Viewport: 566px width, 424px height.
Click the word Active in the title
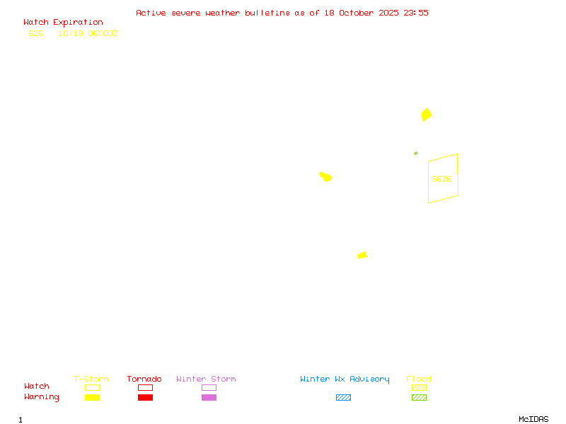pyautogui.click(x=151, y=13)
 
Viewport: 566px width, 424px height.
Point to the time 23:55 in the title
pyautogui.click(x=416, y=13)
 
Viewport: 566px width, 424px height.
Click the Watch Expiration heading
pyautogui.click(x=63, y=23)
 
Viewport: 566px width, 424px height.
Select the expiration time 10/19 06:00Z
pyautogui.click(x=88, y=33)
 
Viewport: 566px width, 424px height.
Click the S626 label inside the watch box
pyautogui.click(x=441, y=179)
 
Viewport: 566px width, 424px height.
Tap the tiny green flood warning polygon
pyautogui.click(x=416, y=153)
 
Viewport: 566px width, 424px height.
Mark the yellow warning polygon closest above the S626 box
pyautogui.click(x=426, y=114)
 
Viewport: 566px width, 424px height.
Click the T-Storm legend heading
pyautogui.click(x=91, y=379)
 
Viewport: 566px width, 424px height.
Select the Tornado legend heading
pyautogui.click(x=144, y=379)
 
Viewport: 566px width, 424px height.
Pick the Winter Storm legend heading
pyautogui.click(x=206, y=379)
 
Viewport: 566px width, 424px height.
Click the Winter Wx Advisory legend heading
pyautogui.click(x=345, y=379)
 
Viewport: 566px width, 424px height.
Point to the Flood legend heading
pyautogui.click(x=419, y=379)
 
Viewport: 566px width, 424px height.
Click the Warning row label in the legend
pyautogui.click(x=42, y=397)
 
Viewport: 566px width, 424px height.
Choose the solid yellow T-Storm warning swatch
pyautogui.click(x=92, y=398)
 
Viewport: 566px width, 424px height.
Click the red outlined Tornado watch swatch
pyautogui.click(x=145, y=387)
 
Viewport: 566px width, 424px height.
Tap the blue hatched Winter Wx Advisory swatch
pyautogui.click(x=343, y=398)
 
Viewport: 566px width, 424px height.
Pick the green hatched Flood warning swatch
pyautogui.click(x=419, y=398)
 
